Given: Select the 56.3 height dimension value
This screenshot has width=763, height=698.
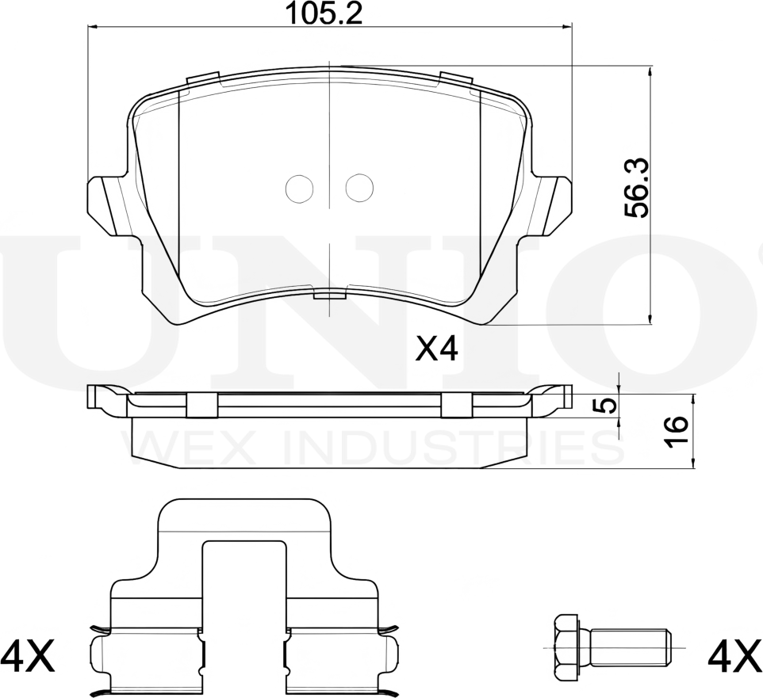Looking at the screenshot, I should coord(636,188).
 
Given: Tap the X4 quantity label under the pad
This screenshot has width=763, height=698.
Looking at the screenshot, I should coord(437,349).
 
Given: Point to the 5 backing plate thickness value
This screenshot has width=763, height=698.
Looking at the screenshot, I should coord(605,405).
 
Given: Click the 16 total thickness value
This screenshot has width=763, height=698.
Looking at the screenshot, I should coord(675,431).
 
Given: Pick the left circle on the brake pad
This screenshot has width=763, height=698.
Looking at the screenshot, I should coord(299,188).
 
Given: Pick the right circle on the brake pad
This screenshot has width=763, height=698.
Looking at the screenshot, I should coord(358,188).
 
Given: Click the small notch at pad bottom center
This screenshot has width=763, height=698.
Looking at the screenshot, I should coord(329,295).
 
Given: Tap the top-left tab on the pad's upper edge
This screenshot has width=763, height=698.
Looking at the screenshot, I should coord(202,79).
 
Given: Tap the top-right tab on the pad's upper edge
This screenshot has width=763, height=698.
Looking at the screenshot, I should coord(456,79).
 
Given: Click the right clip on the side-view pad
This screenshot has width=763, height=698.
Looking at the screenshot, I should coord(457,404).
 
